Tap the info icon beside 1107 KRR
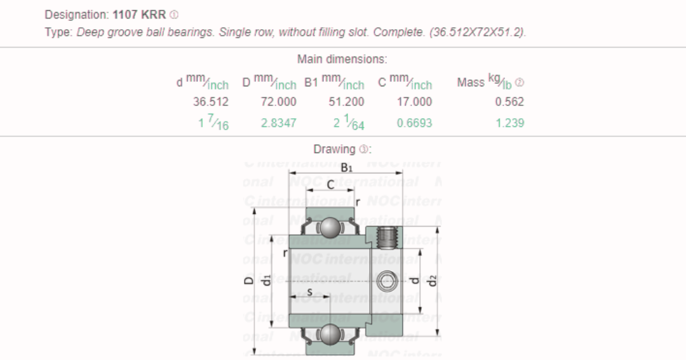(x=175, y=15)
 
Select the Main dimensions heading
(x=342, y=60)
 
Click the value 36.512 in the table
(x=211, y=102)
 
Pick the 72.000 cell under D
(x=278, y=102)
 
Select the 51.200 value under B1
(x=346, y=102)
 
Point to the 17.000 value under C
(x=414, y=102)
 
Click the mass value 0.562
(x=509, y=102)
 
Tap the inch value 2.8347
(x=278, y=123)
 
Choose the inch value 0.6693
(x=414, y=123)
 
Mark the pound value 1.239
(x=509, y=123)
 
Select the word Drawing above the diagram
(x=334, y=150)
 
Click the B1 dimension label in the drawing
(x=346, y=168)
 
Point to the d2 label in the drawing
(x=433, y=279)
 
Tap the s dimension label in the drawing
(x=309, y=291)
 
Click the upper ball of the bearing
(x=330, y=227)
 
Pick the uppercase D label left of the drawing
(x=249, y=279)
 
